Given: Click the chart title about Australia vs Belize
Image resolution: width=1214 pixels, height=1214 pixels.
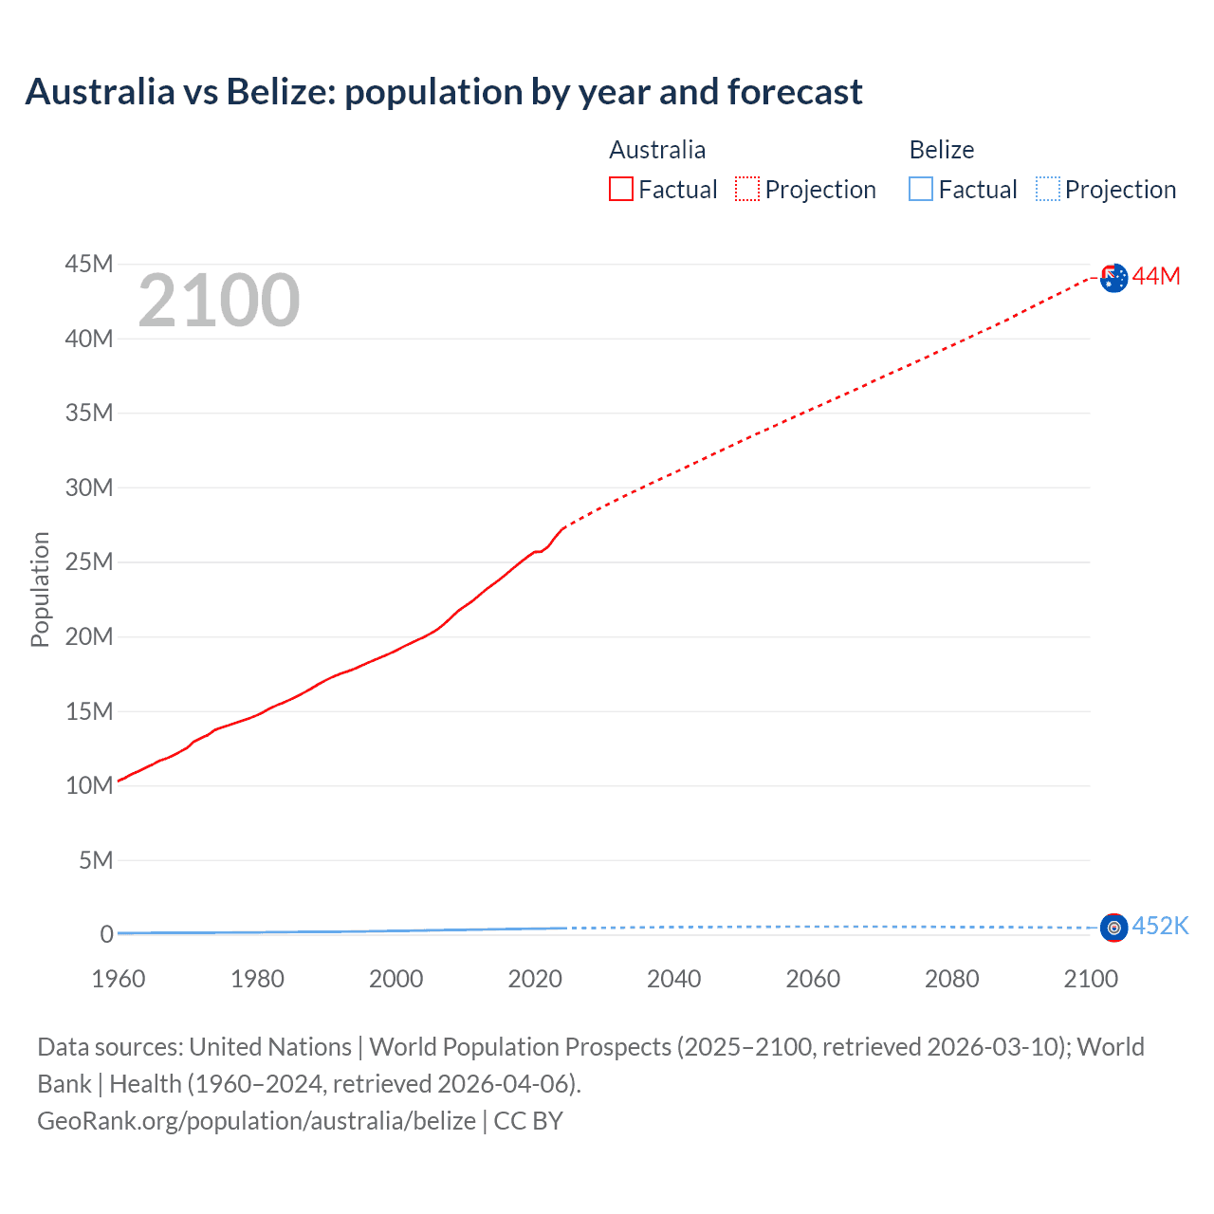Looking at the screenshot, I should [x=444, y=92].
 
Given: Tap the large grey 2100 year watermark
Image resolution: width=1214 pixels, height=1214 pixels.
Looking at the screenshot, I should [x=219, y=301].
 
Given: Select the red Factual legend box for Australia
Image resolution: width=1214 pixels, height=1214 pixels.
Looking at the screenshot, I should [x=620, y=190].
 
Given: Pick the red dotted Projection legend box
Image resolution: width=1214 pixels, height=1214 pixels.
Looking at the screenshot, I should [x=747, y=190].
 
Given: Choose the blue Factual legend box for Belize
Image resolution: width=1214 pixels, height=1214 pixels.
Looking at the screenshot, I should [x=921, y=190].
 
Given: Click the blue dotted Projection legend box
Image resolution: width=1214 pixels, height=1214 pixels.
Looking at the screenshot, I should [x=1048, y=190].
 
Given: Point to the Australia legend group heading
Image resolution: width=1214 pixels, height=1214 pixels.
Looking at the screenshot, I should [x=657, y=150].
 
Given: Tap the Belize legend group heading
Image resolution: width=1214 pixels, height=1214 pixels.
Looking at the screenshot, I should [x=942, y=150].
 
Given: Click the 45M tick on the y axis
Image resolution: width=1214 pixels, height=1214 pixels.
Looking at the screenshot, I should [x=89, y=264].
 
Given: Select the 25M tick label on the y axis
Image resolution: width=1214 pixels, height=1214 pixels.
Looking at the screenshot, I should [x=89, y=561].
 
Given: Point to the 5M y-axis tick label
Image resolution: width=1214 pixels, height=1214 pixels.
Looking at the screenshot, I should [x=96, y=860].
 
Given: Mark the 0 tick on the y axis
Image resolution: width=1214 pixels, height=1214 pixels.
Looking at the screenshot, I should [x=106, y=934].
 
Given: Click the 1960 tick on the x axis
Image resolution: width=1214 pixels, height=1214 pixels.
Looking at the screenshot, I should [x=119, y=979].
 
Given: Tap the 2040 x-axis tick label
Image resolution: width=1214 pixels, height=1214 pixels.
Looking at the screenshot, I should [x=674, y=979].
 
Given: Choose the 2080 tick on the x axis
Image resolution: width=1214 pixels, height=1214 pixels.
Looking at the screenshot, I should [x=952, y=979].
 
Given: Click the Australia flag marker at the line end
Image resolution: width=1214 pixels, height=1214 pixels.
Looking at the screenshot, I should [x=1114, y=278].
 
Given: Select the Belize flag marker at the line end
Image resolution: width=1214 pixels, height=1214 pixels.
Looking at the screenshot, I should [x=1114, y=928].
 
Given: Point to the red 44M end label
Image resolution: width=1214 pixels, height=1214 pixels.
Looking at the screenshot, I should [x=1156, y=276].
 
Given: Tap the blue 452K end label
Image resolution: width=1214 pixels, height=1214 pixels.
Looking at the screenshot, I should [x=1160, y=926].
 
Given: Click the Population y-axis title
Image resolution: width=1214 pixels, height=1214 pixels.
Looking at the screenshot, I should [x=40, y=589].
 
